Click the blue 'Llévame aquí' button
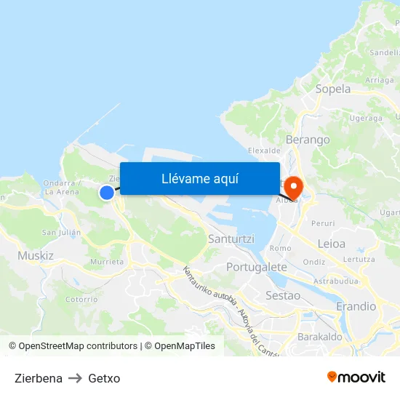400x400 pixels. [200, 178]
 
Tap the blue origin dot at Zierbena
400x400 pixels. [107, 192]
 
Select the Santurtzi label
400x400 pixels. [230, 239]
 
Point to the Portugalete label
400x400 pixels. [257, 267]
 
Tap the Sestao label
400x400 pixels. [283, 295]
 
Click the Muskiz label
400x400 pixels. [36, 256]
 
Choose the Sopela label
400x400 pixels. [333, 89]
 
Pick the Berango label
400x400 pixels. [308, 140]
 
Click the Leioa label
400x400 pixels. [332, 244]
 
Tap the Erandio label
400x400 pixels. [356, 306]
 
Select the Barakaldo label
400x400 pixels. [320, 337]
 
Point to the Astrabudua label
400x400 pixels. [336, 280]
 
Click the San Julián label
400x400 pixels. [61, 232]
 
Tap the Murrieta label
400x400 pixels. [107, 262]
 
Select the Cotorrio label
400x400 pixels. [81, 299]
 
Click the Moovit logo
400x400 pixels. [356, 377]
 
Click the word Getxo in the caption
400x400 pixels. [104, 378]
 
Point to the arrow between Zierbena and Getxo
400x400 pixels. [75, 378]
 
